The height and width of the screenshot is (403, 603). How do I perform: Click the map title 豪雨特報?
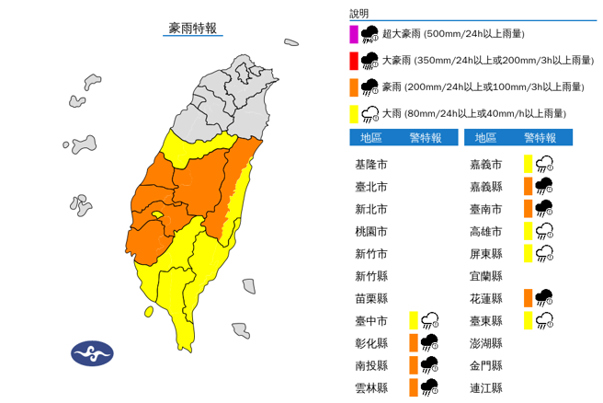click(x=193, y=28)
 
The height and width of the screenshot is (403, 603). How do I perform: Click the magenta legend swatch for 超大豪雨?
click(x=354, y=34)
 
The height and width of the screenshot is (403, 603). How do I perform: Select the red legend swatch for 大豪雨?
click(x=354, y=61)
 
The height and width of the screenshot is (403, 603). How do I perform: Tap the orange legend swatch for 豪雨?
click(x=354, y=87)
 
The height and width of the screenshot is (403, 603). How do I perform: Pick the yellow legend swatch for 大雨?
click(x=354, y=114)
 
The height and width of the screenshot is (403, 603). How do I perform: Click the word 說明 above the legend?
click(x=358, y=14)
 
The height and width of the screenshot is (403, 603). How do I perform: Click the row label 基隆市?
click(x=370, y=165)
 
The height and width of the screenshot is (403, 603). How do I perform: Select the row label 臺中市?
click(x=370, y=320)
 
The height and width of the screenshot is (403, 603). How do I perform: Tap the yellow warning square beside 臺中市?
click(x=414, y=320)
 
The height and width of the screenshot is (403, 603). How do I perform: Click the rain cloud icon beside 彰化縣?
click(x=428, y=342)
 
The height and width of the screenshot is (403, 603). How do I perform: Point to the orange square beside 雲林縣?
click(x=414, y=386)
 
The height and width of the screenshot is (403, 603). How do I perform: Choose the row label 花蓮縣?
click(x=485, y=298)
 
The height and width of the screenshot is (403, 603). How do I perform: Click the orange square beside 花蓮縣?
click(x=528, y=298)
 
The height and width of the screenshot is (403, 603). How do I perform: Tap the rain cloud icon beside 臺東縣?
click(x=544, y=320)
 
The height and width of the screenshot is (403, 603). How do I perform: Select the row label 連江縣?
click(x=485, y=386)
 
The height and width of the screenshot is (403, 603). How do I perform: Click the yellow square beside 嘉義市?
click(x=528, y=165)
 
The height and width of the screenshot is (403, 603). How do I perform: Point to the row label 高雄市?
click(x=485, y=231)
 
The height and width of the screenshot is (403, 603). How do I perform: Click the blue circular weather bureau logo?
click(x=92, y=352)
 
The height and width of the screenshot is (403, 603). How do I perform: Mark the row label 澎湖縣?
click(x=485, y=342)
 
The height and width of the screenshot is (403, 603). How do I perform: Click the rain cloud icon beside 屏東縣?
click(x=544, y=253)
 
